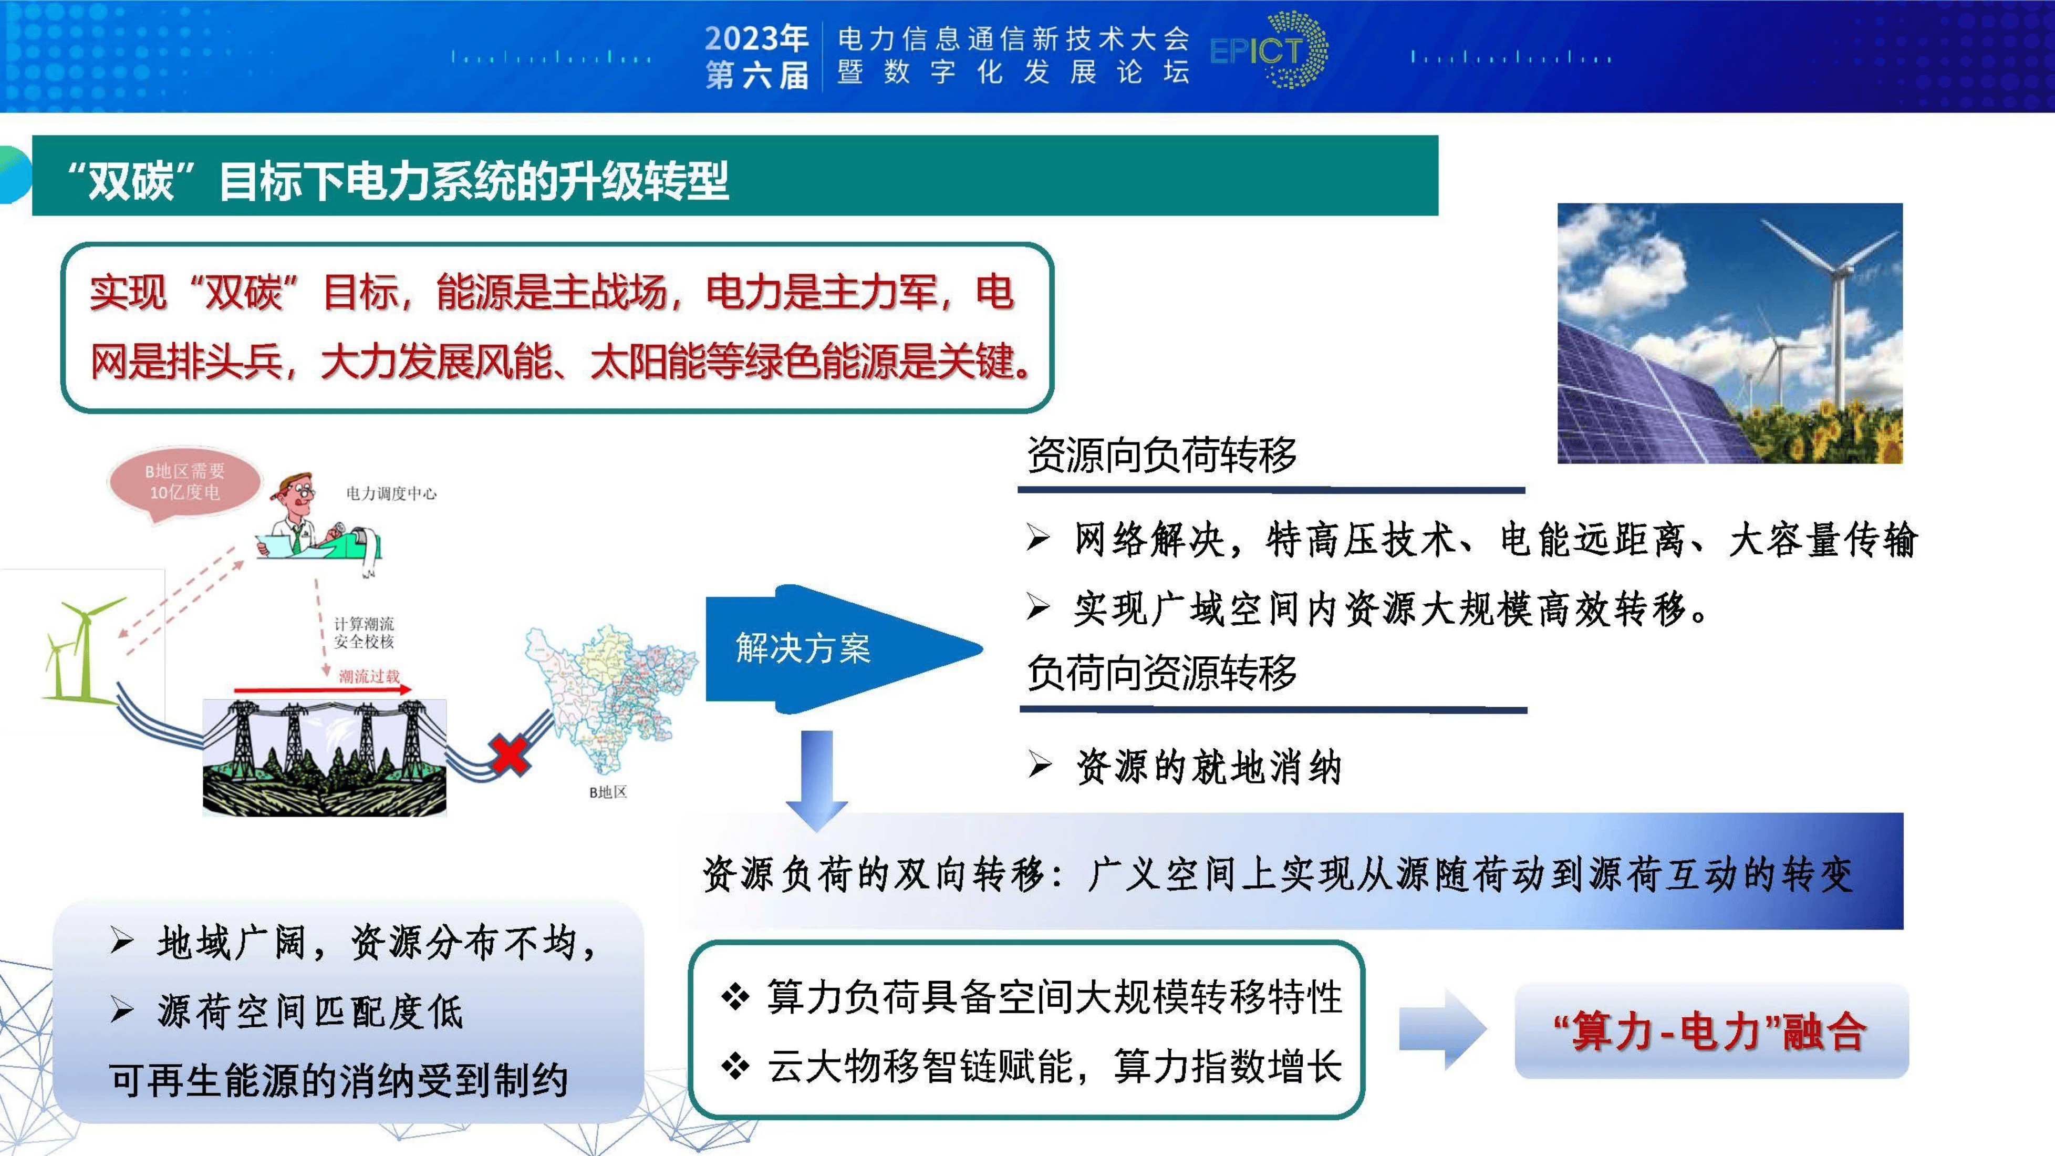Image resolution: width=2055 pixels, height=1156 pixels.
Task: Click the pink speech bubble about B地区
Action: pos(184,483)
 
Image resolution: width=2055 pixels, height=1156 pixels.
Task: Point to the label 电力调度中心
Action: pos(391,494)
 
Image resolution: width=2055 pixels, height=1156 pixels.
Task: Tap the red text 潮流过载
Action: pos(369,677)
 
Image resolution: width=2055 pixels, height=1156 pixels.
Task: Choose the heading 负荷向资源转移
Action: pos(1161,673)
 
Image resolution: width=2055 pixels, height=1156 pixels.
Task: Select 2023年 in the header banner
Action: pos(755,37)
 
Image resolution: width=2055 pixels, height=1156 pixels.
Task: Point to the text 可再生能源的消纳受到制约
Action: pos(338,1081)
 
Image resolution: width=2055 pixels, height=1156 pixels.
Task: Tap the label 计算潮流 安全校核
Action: pos(364,633)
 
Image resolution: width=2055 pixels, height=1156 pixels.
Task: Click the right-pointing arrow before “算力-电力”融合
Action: pos(1442,1029)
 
